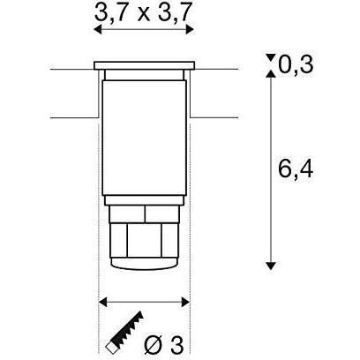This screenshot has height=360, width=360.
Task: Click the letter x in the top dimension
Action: pos(143,11)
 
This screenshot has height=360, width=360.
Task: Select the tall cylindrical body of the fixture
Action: pos(144,141)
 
